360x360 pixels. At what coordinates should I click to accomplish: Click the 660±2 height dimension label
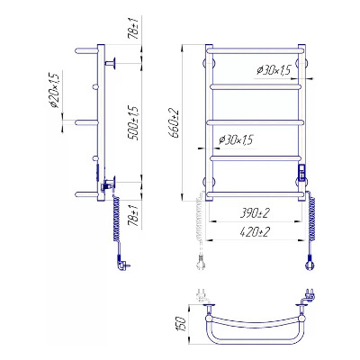coord(175,123)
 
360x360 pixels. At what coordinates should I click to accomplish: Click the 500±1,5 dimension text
coord(134,123)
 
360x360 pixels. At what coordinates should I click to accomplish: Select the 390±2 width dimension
coord(256,213)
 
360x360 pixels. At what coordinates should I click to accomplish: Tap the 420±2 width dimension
coord(256,231)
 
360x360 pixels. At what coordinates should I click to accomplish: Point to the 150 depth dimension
coord(182,324)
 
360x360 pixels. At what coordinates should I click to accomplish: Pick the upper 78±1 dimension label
coord(134,30)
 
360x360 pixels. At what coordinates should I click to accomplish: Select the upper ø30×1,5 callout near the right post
coord(274,70)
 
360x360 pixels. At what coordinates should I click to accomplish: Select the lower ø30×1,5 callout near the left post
coord(237,139)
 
